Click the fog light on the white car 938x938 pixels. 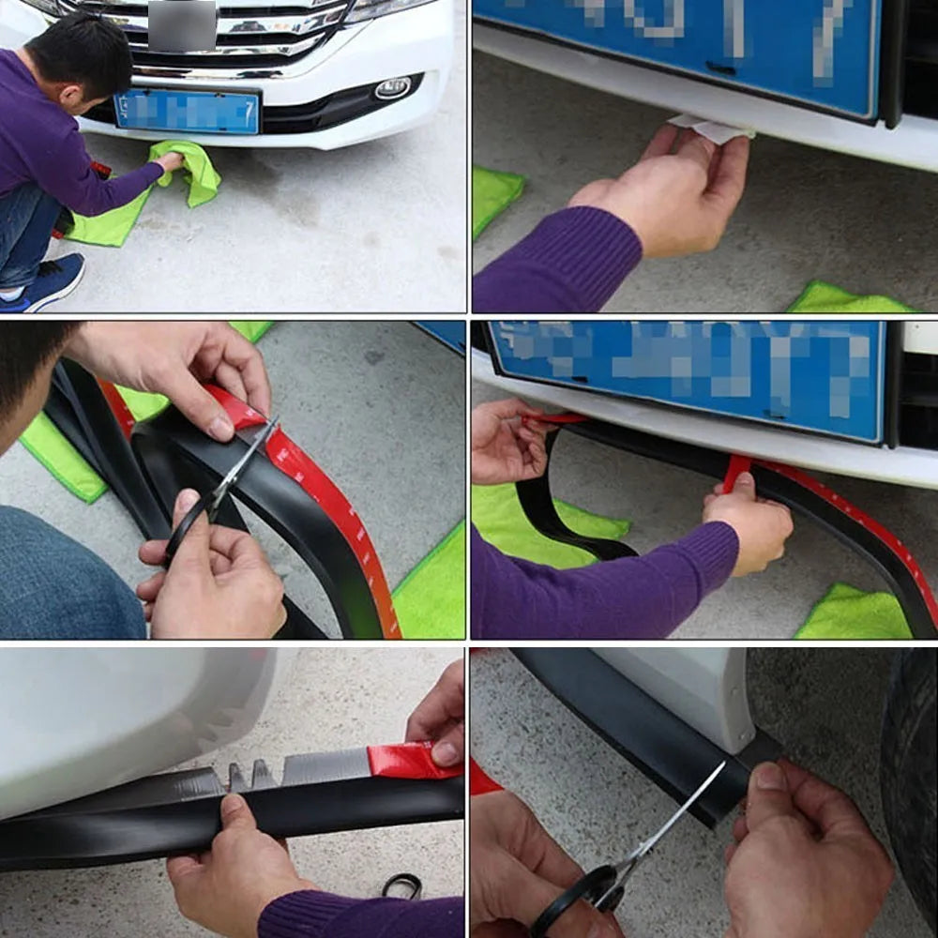392,88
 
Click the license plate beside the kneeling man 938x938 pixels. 187,112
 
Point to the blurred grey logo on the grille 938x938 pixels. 182,25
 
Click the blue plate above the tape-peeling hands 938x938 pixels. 685,375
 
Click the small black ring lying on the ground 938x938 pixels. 401,884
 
